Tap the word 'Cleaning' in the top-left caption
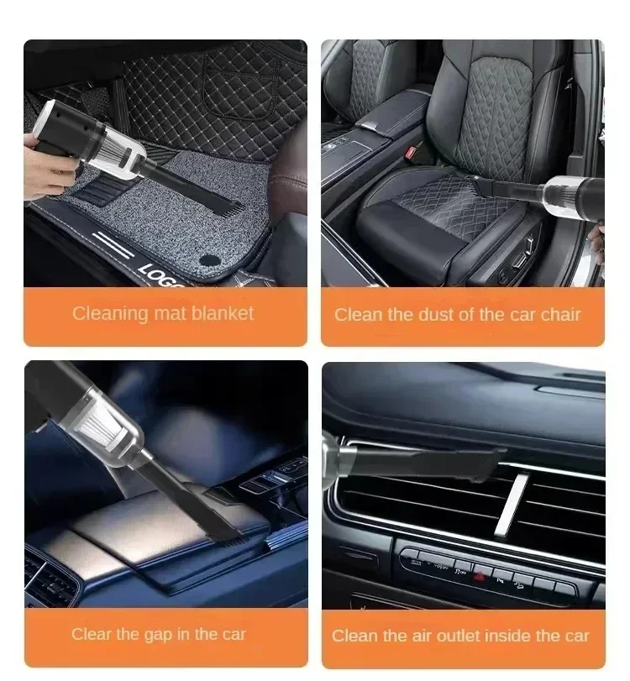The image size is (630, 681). click(110, 314)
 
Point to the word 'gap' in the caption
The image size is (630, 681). click(158, 635)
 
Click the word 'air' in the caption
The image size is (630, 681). click(421, 636)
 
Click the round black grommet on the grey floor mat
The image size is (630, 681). click(210, 260)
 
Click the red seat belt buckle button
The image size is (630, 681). click(411, 152)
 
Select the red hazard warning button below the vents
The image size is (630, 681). click(480, 577)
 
